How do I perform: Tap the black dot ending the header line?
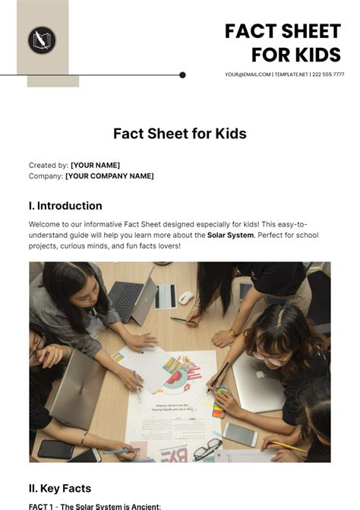(182, 75)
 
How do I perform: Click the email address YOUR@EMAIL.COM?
(248, 74)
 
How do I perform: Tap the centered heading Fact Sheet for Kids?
(179, 134)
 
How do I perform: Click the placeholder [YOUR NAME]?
(95, 165)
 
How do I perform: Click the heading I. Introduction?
(65, 206)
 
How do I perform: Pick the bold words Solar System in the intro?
(231, 236)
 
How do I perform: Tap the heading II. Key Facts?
(60, 489)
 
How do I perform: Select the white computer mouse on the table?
(186, 297)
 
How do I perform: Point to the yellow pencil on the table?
(287, 446)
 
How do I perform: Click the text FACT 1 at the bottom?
(44, 505)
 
